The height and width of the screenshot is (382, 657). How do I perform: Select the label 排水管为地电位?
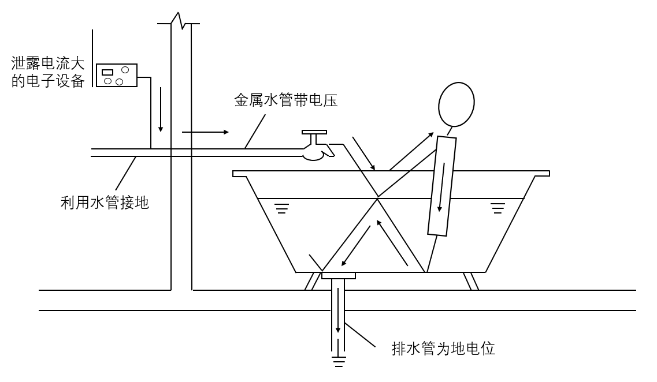pos(443,349)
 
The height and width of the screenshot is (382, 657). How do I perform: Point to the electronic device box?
pos(116,75)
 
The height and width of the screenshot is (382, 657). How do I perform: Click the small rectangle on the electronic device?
pos(107,72)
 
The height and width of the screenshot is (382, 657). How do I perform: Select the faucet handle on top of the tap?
pos(314,132)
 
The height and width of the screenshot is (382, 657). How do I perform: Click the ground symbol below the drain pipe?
pos(338,362)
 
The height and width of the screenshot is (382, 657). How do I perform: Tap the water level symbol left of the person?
pos(281,207)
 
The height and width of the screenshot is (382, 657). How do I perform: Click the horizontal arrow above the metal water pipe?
pos(205,132)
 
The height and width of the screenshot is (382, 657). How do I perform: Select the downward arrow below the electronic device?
pos(161,110)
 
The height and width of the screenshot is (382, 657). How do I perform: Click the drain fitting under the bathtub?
pos(338,276)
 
